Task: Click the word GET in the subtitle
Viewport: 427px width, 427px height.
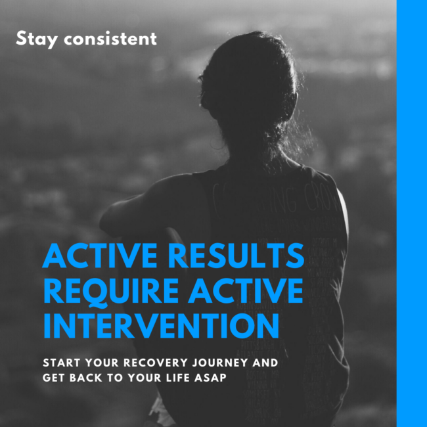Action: pyautogui.click(x=53, y=379)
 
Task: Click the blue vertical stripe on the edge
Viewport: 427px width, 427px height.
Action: pyautogui.click(x=411, y=213)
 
